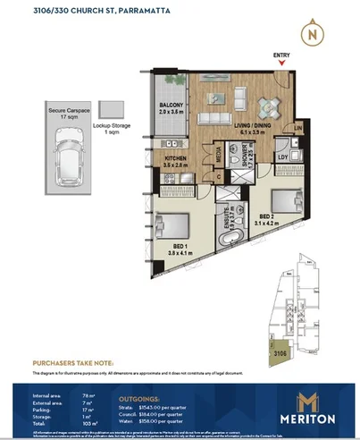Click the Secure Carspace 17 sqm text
click(x=66, y=113)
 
